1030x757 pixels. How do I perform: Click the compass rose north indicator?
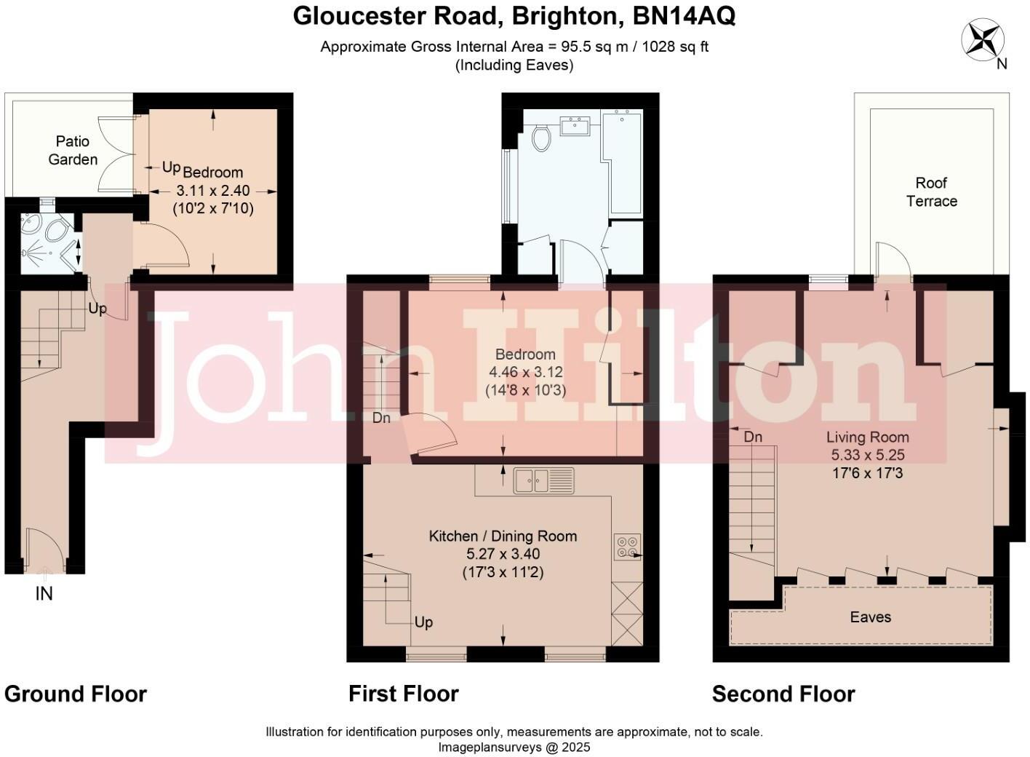(x=983, y=40)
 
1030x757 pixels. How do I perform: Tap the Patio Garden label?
(x=73, y=150)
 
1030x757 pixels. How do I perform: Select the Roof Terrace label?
(x=931, y=192)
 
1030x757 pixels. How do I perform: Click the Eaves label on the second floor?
(x=870, y=617)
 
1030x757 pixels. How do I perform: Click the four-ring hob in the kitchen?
(x=627, y=546)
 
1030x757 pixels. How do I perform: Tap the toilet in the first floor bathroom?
(x=540, y=138)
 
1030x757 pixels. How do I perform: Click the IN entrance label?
(x=44, y=594)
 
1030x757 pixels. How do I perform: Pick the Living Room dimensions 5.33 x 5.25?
(x=868, y=455)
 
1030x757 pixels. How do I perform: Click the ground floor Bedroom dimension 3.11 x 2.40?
(x=213, y=191)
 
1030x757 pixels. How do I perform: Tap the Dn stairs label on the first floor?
(x=381, y=418)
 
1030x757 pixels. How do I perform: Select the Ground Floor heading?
(x=76, y=694)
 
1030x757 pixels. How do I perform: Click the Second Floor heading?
(x=783, y=694)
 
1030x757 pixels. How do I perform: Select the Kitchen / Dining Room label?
(x=503, y=536)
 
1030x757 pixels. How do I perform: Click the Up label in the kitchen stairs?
(x=423, y=622)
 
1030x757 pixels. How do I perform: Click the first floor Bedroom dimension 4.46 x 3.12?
(x=525, y=372)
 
